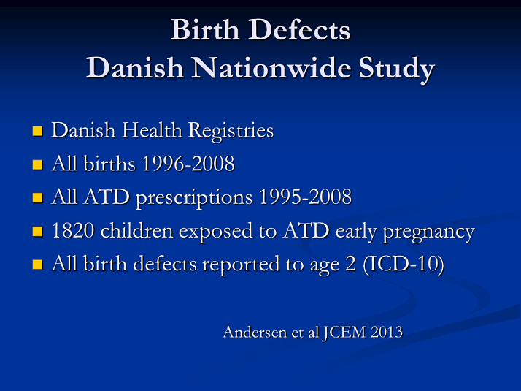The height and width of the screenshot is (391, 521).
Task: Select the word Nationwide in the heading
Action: (271, 67)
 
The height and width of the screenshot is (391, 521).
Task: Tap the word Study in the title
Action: (396, 69)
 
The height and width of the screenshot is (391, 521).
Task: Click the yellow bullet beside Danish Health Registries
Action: (37, 131)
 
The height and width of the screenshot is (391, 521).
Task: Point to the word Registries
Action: (231, 131)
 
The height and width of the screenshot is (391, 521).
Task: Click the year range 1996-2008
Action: (188, 164)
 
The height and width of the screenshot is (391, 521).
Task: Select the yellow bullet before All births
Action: (37, 164)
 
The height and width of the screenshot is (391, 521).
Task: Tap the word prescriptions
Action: (194, 198)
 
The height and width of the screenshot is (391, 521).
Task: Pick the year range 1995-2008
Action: (305, 197)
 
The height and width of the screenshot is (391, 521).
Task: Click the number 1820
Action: (73, 231)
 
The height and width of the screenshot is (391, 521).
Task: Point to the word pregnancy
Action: (428, 232)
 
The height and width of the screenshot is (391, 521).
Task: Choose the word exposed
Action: (215, 232)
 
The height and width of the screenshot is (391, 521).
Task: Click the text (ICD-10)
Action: (404, 265)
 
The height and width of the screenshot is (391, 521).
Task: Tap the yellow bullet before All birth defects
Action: (37, 265)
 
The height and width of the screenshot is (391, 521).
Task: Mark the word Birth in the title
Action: (205, 30)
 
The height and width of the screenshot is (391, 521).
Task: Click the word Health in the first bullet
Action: (153, 129)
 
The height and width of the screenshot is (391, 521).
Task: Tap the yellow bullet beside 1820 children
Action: (37, 231)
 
